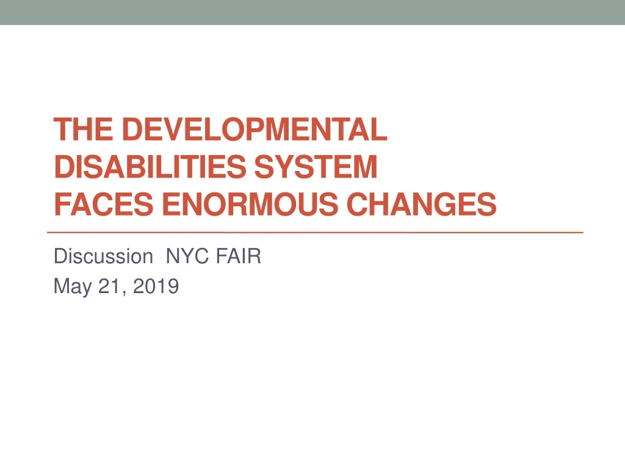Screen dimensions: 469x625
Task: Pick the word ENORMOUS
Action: tap(252, 205)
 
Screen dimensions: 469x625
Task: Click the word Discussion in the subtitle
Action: tap(103, 256)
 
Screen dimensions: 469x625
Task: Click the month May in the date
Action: tap(71, 285)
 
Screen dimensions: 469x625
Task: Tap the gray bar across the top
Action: tap(312, 12)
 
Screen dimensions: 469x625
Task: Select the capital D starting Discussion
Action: tap(59, 256)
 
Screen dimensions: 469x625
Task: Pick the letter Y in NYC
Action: tap(184, 256)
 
